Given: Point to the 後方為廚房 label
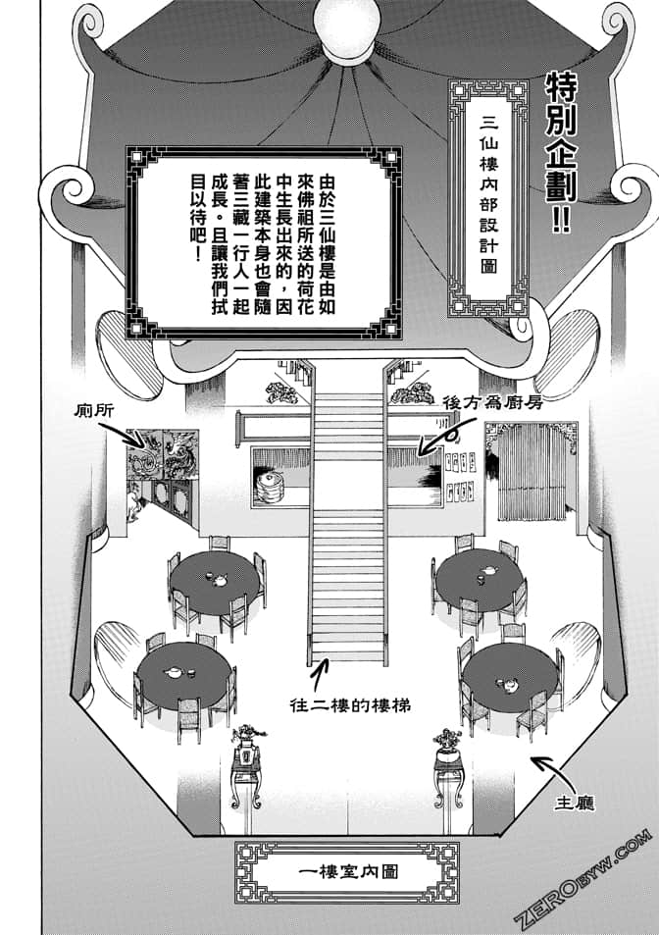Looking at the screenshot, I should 494,401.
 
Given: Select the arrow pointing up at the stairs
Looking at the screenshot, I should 317,677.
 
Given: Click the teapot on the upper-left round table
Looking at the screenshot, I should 215,578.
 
